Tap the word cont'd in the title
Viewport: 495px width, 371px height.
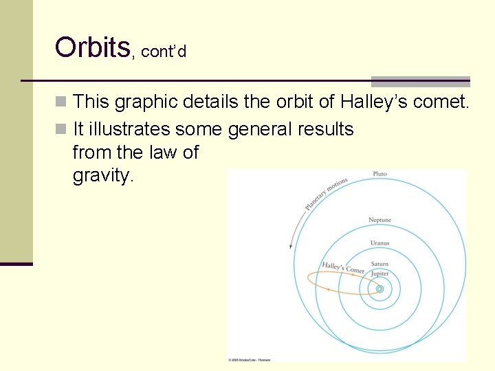(x=163, y=52)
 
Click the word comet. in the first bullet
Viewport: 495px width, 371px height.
(x=440, y=102)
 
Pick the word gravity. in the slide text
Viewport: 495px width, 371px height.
(x=102, y=177)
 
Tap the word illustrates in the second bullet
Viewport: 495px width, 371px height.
(x=131, y=129)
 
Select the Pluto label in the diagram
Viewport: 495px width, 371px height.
(x=379, y=174)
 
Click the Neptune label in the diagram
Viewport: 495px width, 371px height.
(x=379, y=220)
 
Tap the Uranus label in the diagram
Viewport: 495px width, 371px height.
(x=379, y=243)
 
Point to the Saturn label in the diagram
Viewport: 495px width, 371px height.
(x=379, y=264)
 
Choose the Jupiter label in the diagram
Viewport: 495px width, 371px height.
(x=379, y=273)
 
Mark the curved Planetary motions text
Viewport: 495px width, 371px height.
(x=327, y=194)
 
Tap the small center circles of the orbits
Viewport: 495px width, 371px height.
(x=379, y=289)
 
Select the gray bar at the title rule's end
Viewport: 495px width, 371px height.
(x=420, y=81)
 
